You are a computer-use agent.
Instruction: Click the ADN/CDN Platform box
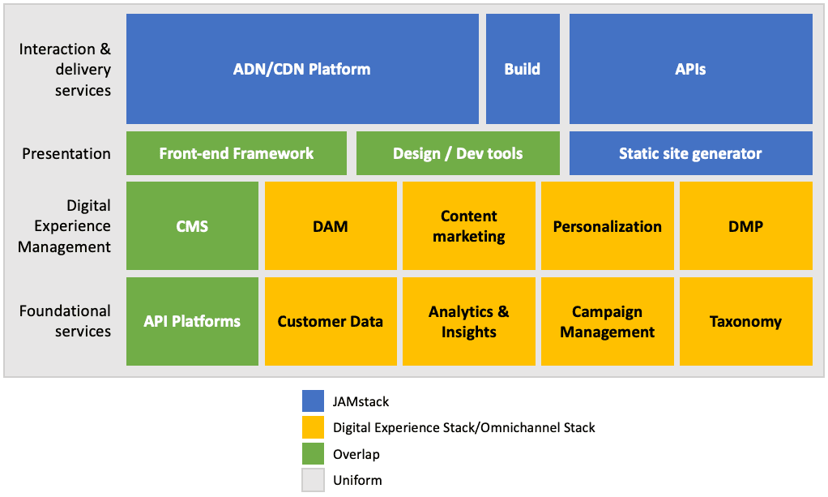coord(302,69)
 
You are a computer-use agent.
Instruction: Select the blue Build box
coord(523,69)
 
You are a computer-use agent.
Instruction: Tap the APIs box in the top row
coord(690,69)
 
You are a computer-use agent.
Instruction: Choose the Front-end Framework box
coord(237,153)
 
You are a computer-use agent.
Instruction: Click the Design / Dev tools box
coord(458,153)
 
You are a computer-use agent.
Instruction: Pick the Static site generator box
coord(690,153)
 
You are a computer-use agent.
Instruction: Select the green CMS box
coord(192,225)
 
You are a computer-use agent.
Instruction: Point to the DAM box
coord(331,225)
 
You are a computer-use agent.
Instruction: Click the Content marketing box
coord(469,225)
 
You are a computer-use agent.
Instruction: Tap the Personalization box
coord(607,225)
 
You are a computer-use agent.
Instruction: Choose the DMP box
coord(745,225)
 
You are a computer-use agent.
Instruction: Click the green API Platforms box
coord(192,321)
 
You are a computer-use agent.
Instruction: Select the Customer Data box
coord(331,321)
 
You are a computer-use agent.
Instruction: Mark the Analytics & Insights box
coord(469,321)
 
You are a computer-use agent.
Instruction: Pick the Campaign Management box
coord(607,321)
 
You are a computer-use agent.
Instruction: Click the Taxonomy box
coord(745,321)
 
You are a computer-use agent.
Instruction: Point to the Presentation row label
coord(66,153)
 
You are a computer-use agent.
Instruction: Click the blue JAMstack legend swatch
coord(313,401)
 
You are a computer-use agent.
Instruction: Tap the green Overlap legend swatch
coord(313,454)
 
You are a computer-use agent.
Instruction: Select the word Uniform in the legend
coord(356,481)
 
